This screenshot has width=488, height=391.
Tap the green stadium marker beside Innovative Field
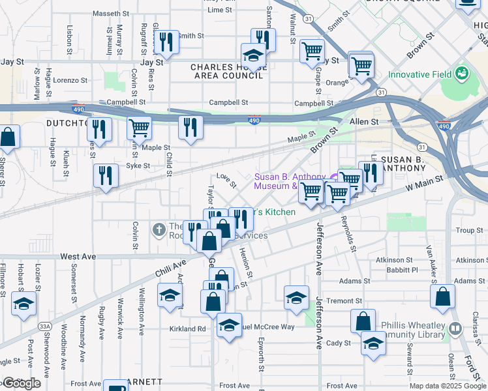[463, 72]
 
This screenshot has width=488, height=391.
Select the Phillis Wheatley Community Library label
[417, 330]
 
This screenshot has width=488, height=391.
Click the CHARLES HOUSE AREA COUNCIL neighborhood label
[226, 71]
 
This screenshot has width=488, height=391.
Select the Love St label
[226, 177]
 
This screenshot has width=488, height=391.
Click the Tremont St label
[344, 301]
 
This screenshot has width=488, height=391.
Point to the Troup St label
[469, 230]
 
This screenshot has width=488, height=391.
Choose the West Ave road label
[78, 257]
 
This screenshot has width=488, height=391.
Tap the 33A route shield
[44, 325]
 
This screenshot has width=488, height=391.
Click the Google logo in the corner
[22, 383]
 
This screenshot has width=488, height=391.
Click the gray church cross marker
[159, 229]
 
